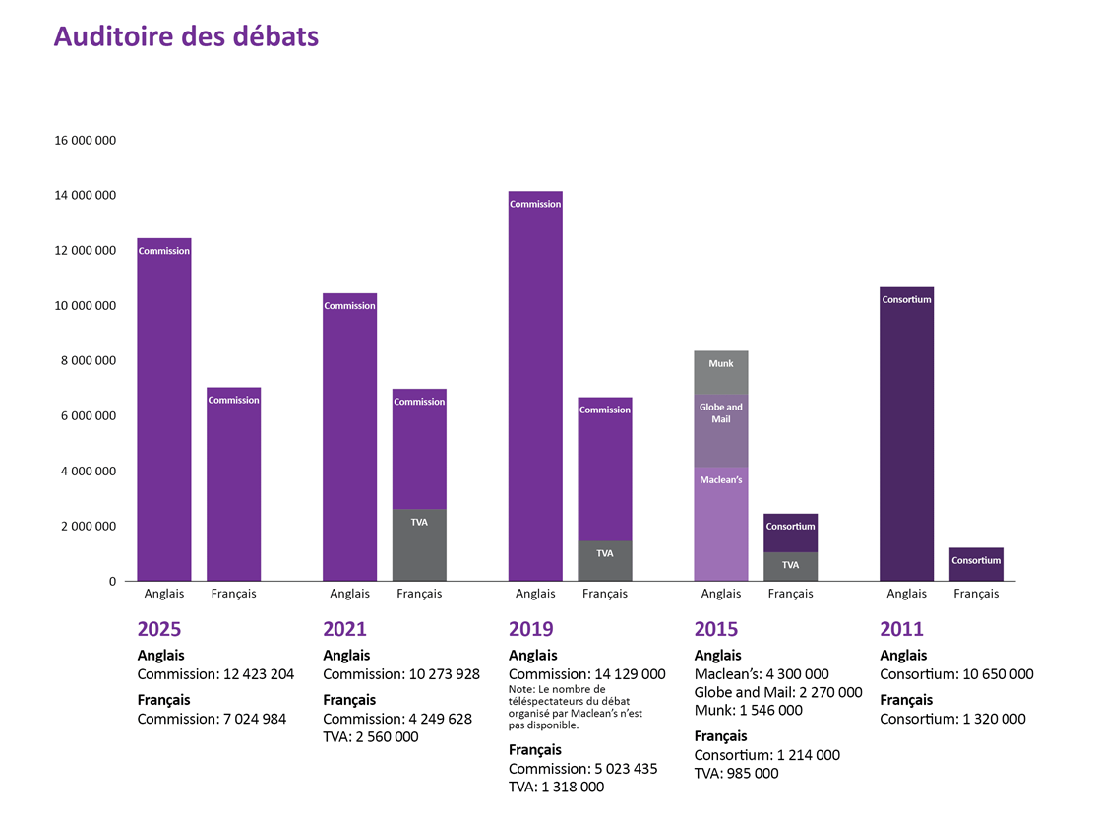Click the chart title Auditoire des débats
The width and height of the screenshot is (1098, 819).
[186, 36]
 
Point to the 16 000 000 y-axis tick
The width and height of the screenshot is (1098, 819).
[86, 141]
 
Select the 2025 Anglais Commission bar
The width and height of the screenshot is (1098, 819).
[164, 413]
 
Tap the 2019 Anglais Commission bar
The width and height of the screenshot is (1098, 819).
[535, 394]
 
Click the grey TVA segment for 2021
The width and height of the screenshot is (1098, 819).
[419, 545]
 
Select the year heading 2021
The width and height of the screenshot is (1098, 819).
[344, 629]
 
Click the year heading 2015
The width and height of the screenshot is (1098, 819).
[715, 629]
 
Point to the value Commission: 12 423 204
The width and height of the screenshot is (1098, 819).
[215, 674]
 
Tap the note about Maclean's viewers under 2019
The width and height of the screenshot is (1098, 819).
[576, 707]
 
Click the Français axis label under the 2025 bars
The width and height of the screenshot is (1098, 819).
[233, 594]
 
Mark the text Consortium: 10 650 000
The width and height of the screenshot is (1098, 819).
[956, 674]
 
